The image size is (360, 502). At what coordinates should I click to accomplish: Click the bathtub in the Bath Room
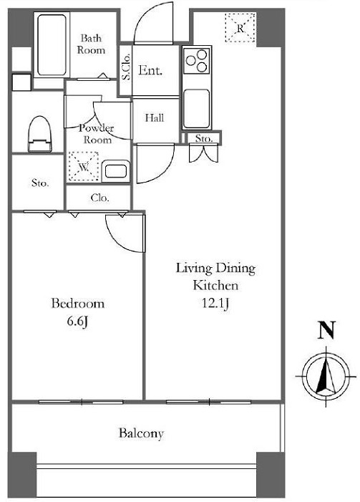pyautogui.click(x=52, y=44)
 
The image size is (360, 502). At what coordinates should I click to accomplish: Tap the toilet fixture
pyautogui.click(x=40, y=134)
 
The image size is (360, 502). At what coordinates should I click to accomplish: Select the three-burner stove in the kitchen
pyautogui.click(x=197, y=60)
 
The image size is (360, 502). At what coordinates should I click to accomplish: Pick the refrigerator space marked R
pyautogui.click(x=240, y=28)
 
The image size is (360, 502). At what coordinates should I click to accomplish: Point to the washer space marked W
pyautogui.click(x=84, y=166)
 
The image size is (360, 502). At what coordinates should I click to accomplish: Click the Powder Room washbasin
pyautogui.click(x=115, y=171)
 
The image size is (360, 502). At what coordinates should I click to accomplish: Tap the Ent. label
pyautogui.click(x=150, y=70)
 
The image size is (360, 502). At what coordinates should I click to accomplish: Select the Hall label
pyautogui.click(x=155, y=118)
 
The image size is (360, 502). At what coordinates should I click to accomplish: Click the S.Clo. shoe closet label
pyautogui.click(x=126, y=67)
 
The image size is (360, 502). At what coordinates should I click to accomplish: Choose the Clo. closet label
pyautogui.click(x=99, y=198)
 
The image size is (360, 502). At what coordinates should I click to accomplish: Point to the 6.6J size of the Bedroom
pyautogui.click(x=77, y=322)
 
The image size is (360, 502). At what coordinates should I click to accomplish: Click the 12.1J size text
pyautogui.click(x=215, y=303)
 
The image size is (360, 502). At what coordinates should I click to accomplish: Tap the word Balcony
pyautogui.click(x=141, y=433)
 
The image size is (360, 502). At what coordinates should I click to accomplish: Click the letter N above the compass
pyautogui.click(x=326, y=329)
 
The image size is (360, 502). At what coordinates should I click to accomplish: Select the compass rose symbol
pyautogui.click(x=326, y=377)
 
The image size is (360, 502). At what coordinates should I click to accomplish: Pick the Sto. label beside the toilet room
pyautogui.click(x=40, y=183)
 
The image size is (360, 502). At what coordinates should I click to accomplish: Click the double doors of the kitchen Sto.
pyautogui.click(x=203, y=153)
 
